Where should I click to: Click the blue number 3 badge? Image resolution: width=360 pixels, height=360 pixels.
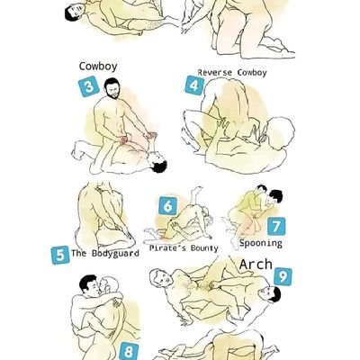(89, 86)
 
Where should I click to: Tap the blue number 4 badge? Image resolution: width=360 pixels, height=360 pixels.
(194, 85)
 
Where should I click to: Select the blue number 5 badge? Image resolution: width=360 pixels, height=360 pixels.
(60, 255)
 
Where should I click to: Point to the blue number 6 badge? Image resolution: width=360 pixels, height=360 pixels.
(167, 206)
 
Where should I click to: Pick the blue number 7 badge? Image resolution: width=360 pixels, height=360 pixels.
(276, 226)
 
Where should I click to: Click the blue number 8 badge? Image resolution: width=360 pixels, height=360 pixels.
(129, 352)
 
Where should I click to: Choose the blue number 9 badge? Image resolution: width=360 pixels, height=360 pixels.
(283, 276)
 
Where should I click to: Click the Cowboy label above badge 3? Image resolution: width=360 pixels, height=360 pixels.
(98, 67)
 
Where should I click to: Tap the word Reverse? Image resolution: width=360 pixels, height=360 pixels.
(215, 73)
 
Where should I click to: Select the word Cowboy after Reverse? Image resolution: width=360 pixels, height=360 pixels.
(252, 73)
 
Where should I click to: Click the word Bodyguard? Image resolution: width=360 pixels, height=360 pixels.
(115, 254)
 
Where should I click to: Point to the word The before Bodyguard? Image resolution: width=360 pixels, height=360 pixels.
(79, 253)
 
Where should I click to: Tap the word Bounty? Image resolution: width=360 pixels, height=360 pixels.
(204, 248)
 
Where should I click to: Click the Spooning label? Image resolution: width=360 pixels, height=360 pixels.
(261, 243)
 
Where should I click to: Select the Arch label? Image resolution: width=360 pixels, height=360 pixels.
(256, 265)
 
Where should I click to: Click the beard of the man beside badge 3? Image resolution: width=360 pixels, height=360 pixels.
(113, 94)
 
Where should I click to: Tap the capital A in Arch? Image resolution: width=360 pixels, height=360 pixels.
(244, 265)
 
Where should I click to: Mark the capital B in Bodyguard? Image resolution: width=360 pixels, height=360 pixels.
(94, 253)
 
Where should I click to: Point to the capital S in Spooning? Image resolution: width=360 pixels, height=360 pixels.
(242, 243)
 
